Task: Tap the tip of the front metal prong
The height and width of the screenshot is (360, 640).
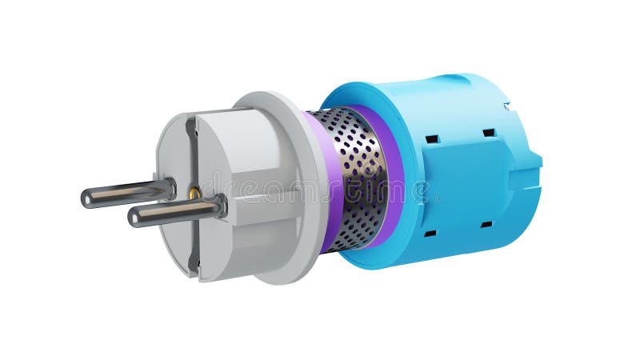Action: point(134,216)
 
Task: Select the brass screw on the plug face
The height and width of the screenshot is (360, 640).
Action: point(194,192)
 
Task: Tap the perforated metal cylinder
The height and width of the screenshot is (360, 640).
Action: point(356,180)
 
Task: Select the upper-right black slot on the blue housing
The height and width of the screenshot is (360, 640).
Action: point(488,133)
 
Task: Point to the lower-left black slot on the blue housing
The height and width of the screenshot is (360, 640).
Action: point(430,234)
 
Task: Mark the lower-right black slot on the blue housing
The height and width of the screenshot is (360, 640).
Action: point(486,225)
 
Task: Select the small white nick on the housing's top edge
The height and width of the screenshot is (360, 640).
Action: point(506,106)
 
